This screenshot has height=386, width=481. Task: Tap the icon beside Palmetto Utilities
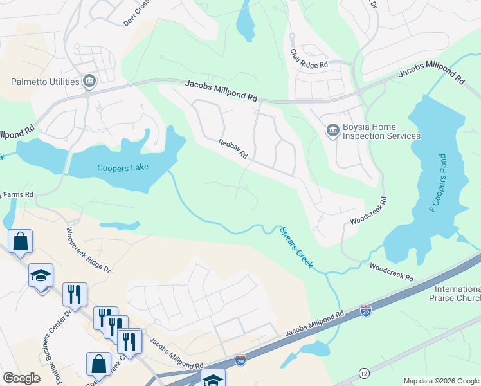coord(89,82)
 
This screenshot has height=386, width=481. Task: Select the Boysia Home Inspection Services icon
coord(332,131)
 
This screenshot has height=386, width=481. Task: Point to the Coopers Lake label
coord(123,168)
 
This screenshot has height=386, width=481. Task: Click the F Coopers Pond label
coord(437,183)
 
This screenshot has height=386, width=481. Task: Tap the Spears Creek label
coord(296,248)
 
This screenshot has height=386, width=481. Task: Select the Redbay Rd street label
coord(233,149)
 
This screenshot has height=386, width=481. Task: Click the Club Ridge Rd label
coord(309,59)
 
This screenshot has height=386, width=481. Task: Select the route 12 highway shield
coord(365,374)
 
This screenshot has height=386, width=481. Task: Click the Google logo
coord(21,378)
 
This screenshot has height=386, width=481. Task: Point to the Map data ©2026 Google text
coord(441,381)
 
